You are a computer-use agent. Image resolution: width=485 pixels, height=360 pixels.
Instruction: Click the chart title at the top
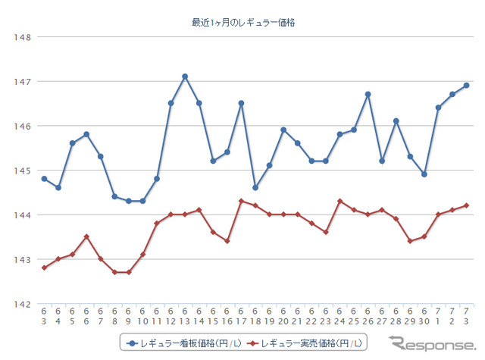(243, 23)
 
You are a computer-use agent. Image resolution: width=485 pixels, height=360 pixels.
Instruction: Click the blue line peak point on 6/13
(185, 77)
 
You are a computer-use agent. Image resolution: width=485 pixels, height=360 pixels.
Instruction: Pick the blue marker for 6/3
(44, 179)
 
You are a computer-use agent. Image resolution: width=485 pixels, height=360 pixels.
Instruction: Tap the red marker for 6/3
(44, 268)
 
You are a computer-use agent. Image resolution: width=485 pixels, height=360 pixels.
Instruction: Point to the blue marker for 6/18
(255, 187)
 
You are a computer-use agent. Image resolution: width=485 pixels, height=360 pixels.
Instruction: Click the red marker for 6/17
(241, 201)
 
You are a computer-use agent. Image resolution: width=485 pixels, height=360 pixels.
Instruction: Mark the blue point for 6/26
(368, 94)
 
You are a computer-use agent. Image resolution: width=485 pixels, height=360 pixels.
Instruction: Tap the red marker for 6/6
(86, 236)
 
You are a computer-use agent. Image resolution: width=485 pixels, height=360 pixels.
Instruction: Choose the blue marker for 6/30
(424, 174)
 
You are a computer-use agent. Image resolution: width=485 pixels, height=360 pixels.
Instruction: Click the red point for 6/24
(339, 201)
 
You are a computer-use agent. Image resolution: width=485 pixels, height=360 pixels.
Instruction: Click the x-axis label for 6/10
(142, 317)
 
